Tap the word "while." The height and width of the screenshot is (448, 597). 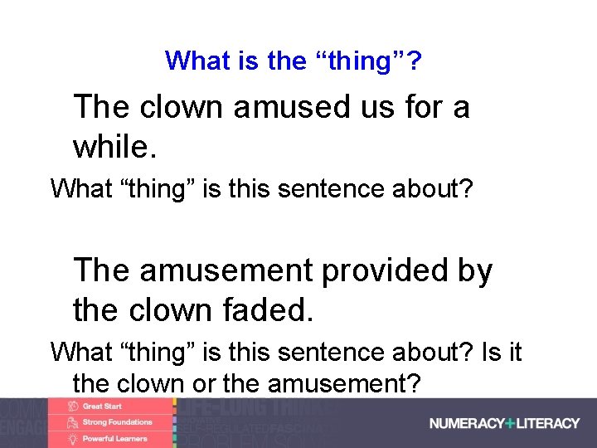tap(114, 147)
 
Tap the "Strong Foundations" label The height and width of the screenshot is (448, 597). tap(117, 422)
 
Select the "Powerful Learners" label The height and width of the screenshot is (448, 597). tap(115, 438)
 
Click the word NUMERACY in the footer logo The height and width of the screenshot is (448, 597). tap(467, 423)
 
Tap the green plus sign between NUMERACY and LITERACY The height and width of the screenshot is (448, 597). tap(510, 423)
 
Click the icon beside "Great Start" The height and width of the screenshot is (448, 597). tap(73, 407)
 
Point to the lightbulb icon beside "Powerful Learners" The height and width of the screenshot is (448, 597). tap(73, 438)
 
